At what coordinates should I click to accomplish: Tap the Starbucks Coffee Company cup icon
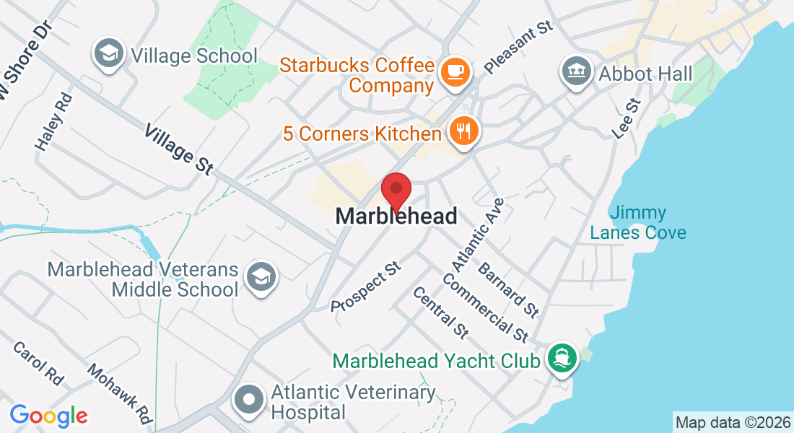click(455, 71)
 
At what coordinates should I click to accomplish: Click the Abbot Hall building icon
click(576, 71)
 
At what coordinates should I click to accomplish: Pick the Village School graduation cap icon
click(109, 53)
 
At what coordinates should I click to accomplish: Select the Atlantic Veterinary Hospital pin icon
click(250, 400)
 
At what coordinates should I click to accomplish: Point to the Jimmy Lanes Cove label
click(637, 223)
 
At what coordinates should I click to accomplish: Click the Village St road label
click(178, 149)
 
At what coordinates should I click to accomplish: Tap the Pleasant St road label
click(518, 47)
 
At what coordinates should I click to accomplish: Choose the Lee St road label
click(626, 119)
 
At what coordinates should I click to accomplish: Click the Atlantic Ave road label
click(478, 232)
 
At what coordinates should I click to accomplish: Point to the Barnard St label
click(508, 290)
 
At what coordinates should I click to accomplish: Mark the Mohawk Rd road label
click(120, 393)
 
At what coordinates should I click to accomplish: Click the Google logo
click(49, 416)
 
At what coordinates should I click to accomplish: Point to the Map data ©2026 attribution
click(733, 421)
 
